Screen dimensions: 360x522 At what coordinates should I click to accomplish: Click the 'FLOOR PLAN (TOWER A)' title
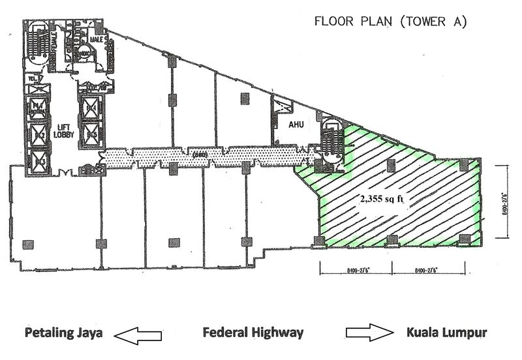tap(391, 21)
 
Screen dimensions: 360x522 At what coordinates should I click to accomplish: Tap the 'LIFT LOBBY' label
tap(64, 130)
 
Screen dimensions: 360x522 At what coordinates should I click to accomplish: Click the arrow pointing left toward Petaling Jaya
tap(139, 335)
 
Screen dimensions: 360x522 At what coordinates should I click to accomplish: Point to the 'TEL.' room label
tap(30, 80)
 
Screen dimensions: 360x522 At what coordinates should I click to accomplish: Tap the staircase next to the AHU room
tap(330, 137)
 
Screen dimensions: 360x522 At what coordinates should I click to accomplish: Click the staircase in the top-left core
tap(33, 46)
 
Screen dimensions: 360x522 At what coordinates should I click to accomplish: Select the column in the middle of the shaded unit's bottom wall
tap(391, 240)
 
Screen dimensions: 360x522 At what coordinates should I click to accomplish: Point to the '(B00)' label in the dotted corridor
tap(200, 154)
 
